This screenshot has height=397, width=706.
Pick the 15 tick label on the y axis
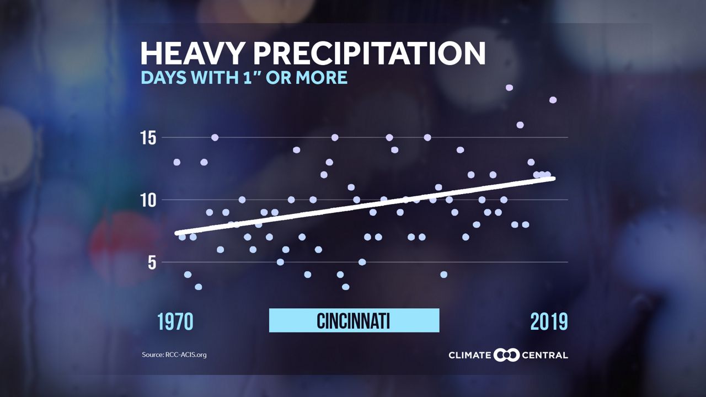pyautogui.click(x=148, y=137)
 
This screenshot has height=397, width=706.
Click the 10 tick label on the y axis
pyautogui.click(x=148, y=200)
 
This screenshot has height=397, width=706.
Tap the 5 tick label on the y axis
pyautogui.click(x=151, y=262)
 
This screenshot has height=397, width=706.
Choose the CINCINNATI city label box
pyautogui.click(x=354, y=320)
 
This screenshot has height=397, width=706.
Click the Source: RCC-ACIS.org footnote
pyautogui.click(x=174, y=355)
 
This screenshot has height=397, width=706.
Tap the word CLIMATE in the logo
pyautogui.click(x=469, y=355)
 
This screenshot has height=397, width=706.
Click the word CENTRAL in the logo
pyautogui.click(x=545, y=355)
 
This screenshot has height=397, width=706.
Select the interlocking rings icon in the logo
pyautogui.click(x=507, y=355)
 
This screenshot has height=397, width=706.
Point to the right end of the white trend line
pyautogui.click(x=553, y=178)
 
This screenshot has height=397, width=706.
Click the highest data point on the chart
pyautogui.click(x=509, y=88)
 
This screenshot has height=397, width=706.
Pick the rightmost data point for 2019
pyautogui.click(x=553, y=100)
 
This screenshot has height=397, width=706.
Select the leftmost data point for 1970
pyautogui.click(x=176, y=162)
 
